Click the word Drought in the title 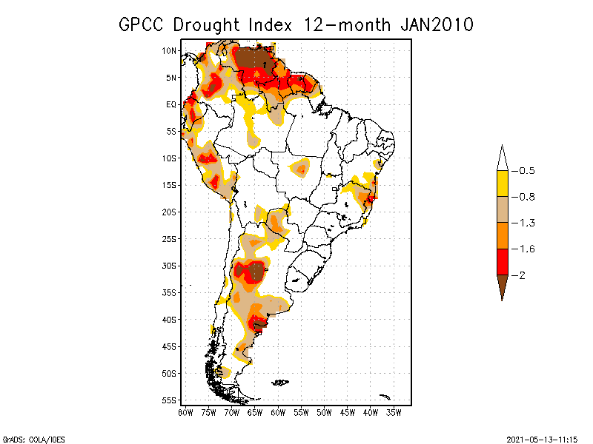click(x=205, y=24)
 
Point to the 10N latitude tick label click(x=170, y=50)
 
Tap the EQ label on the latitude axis click(x=171, y=104)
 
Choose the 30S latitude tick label click(x=170, y=266)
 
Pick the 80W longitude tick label click(x=186, y=411)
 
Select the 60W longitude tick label click(x=279, y=411)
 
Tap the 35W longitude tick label click(x=394, y=411)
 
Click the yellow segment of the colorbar click(x=502, y=184)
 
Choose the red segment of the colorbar click(x=502, y=262)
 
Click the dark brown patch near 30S click(x=256, y=271)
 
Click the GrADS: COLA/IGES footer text click(x=30, y=438)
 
